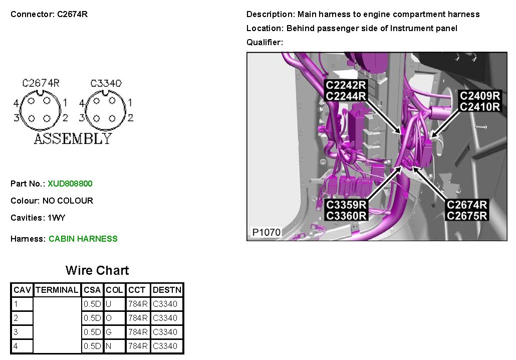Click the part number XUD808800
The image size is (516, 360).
(70, 184)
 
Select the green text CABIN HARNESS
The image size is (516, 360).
(83, 239)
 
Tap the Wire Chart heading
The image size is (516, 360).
(97, 271)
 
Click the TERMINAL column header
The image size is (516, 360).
(57, 290)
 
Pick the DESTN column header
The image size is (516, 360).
(167, 290)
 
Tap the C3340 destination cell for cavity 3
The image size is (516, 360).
(165, 332)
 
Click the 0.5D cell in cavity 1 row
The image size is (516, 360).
(92, 304)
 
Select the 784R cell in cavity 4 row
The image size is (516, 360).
(137, 346)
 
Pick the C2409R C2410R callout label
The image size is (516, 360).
(480, 101)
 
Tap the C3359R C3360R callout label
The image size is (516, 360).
(346, 211)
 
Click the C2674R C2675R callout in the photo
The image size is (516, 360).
(467, 211)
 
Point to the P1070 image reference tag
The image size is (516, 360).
(266, 233)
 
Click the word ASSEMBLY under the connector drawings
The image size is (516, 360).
(73, 139)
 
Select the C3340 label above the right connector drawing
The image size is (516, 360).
(106, 83)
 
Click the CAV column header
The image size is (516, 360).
(23, 290)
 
